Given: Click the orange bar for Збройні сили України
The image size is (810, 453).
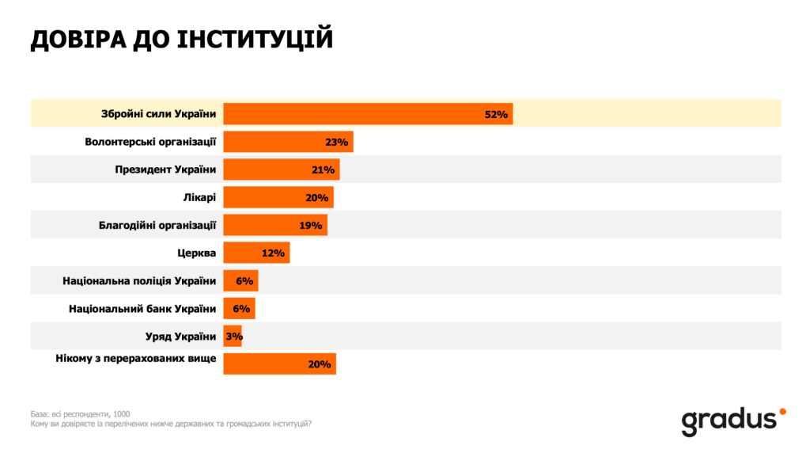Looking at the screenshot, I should (x=368, y=114).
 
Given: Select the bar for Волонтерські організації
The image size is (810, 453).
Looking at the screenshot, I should (x=288, y=142).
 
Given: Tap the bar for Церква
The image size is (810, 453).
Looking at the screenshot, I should (x=256, y=253).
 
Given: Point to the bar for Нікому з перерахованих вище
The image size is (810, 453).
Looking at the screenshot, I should (x=279, y=364).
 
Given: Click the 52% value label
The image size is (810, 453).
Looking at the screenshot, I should (x=495, y=115).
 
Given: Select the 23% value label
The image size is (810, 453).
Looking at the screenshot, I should (x=336, y=143).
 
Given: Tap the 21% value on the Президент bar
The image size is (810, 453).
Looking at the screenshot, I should (x=323, y=170).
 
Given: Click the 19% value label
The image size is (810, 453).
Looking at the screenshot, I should (x=311, y=226).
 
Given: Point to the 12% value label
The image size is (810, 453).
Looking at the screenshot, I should (x=273, y=253).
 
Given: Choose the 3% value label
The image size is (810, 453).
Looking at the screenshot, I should (x=233, y=337).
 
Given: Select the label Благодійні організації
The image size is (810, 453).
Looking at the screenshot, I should (x=163, y=225).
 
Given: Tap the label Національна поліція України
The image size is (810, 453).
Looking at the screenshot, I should (x=139, y=280).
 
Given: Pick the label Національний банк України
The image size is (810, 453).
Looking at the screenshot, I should (x=142, y=308).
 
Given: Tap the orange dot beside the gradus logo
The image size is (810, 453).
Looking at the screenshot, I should (x=782, y=411).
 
